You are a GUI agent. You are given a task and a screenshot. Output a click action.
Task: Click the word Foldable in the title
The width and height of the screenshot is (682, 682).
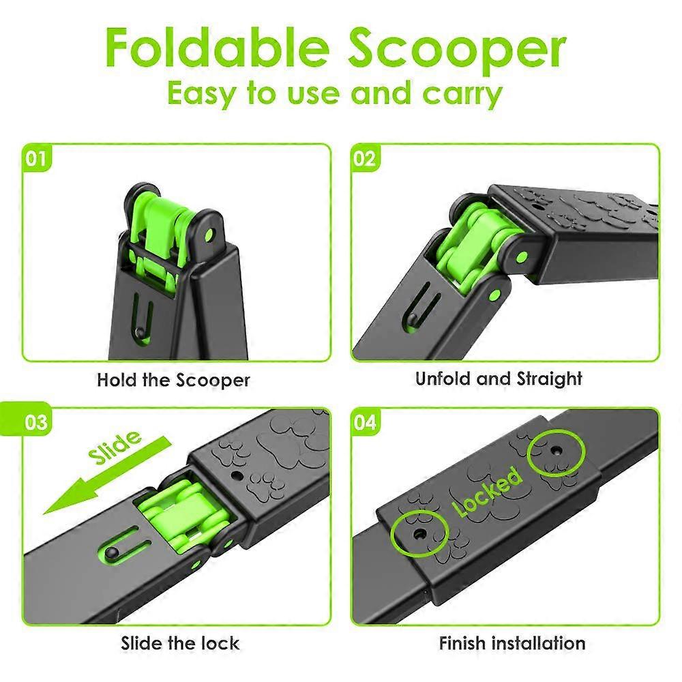click(217, 46)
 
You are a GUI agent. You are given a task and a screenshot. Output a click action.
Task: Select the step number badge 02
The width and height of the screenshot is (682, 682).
click(364, 158)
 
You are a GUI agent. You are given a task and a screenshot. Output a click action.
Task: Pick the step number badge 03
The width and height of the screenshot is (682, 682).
click(35, 421)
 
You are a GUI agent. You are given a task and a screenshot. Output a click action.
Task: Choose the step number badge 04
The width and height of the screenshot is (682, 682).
click(364, 421)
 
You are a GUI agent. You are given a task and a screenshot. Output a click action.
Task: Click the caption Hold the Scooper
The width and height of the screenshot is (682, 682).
click(173, 380)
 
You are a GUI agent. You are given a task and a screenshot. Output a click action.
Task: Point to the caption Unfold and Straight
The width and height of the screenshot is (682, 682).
click(499, 379)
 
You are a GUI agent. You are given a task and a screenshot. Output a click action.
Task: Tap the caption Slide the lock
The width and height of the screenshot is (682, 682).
click(180, 643)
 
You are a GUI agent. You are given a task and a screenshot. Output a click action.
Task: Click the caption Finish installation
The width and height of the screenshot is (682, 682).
click(512, 643)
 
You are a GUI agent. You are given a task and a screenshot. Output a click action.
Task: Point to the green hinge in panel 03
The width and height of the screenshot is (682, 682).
click(187, 516)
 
